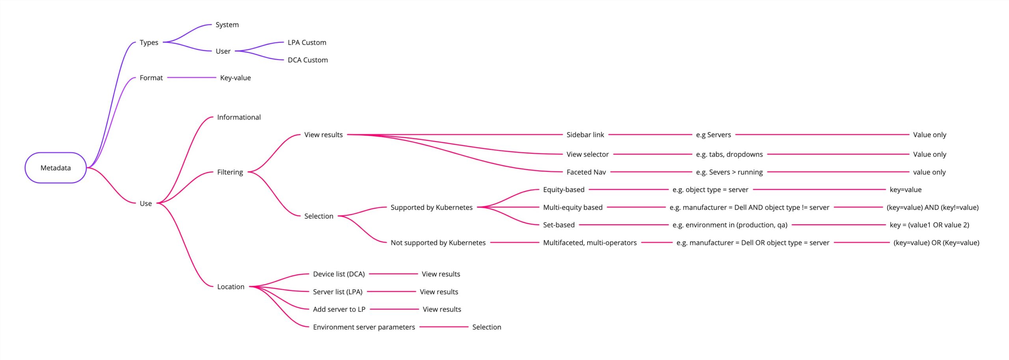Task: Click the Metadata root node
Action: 56,168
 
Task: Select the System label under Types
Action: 227,24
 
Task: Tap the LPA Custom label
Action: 307,42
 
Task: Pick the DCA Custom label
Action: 308,60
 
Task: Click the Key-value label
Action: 235,78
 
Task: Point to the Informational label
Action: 239,117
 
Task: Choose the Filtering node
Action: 230,172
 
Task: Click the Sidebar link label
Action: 585,134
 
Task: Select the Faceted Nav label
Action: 586,172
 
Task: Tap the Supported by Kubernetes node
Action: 432,207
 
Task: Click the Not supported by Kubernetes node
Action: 438,242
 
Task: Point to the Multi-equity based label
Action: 573,207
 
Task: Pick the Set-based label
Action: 559,225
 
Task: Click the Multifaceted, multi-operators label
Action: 590,242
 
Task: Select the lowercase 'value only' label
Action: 929,172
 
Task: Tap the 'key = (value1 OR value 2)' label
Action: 929,225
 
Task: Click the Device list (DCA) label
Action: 339,274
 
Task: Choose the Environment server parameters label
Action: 364,327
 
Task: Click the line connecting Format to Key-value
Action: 192,78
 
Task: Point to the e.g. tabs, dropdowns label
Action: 730,154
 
